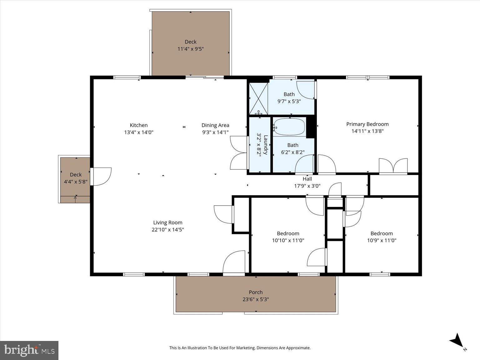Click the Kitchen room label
pyautogui.click(x=138, y=125)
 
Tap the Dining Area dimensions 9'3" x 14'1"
pyautogui.click(x=215, y=132)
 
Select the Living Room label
pyautogui.click(x=167, y=222)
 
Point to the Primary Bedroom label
pyautogui.click(x=367, y=124)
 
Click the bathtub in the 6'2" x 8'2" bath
pyautogui.click(x=289, y=127)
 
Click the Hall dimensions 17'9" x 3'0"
pyautogui.click(x=307, y=186)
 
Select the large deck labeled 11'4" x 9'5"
pyautogui.click(x=191, y=44)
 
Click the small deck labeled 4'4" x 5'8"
pyautogui.click(x=75, y=178)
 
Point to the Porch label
pyautogui.click(x=255, y=292)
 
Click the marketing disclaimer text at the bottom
pyautogui.click(x=240, y=347)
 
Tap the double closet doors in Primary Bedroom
pyautogui.click(x=393, y=166)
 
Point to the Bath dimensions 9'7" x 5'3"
pyautogui.click(x=289, y=101)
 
